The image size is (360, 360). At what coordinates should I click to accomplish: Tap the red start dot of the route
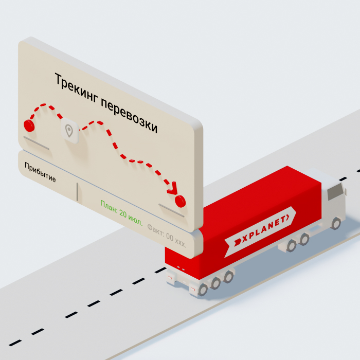pos(29,124)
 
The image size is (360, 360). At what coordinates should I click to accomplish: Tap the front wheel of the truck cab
pos(336,223)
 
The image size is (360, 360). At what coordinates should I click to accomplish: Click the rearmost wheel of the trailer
pos(203,290)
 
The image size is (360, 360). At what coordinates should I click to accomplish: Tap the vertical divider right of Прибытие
pos(77,191)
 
